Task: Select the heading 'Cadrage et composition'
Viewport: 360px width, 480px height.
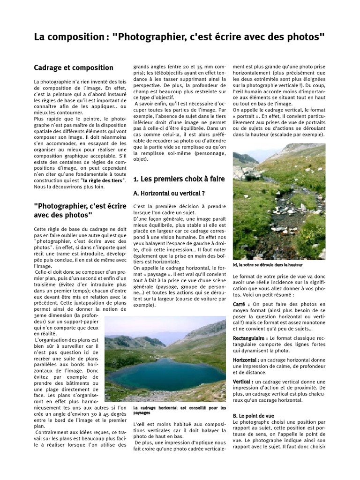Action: (x=74, y=68)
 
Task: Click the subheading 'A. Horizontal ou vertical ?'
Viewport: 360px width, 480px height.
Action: (x=169, y=193)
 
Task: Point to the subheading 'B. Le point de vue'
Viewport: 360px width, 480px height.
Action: (x=254, y=416)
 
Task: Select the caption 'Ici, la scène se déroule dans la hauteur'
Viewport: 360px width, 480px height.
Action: (x=267, y=265)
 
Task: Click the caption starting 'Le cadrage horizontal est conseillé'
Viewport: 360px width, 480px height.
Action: (x=179, y=410)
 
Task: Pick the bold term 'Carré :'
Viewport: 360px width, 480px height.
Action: (x=241, y=304)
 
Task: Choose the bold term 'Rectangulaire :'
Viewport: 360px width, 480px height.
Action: (x=250, y=338)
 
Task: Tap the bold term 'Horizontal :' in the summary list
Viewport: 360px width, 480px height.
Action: (x=247, y=360)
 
